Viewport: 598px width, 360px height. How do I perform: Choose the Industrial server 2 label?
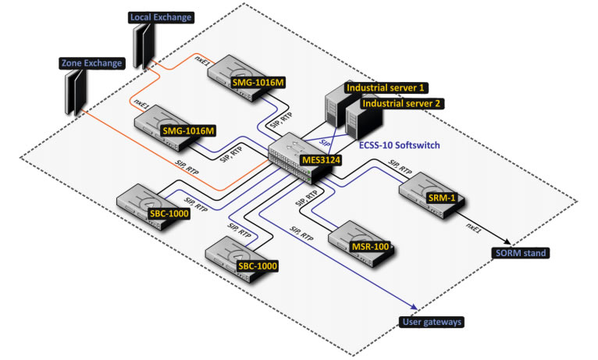point(404,102)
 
